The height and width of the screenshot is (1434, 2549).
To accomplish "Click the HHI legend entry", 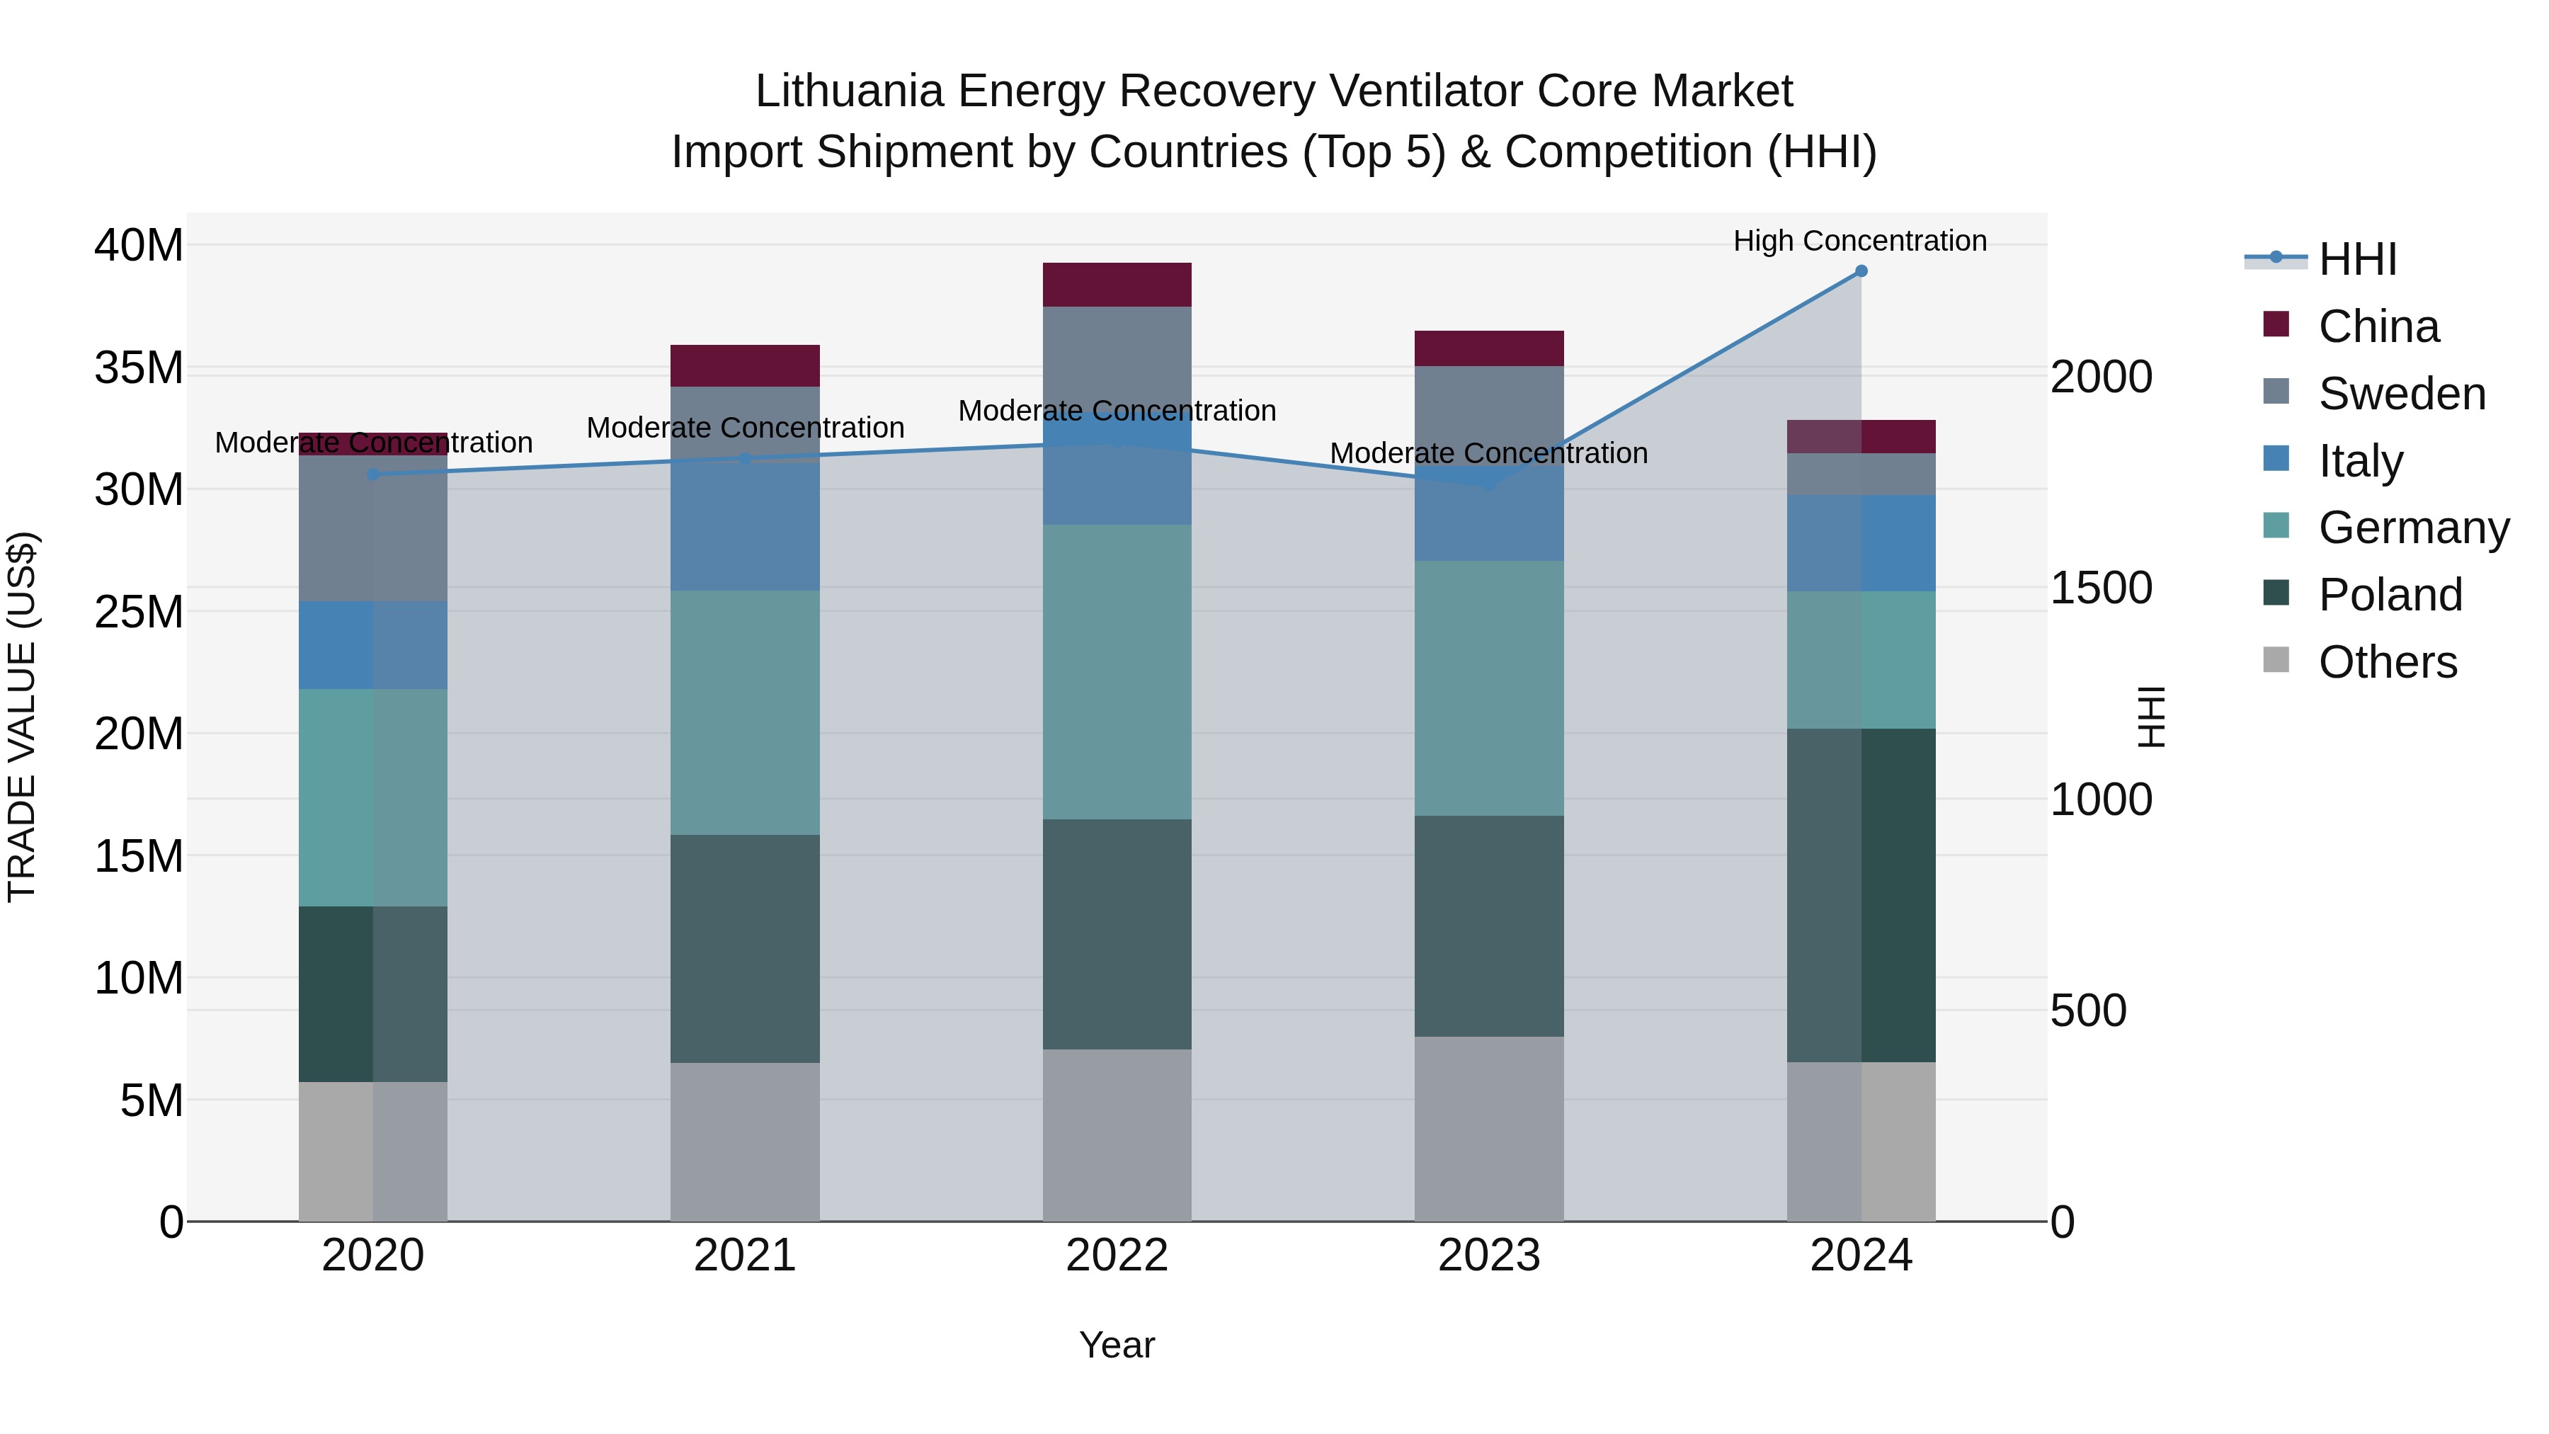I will click(x=2355, y=259).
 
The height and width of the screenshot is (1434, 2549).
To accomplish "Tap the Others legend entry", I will click(x=2385, y=662).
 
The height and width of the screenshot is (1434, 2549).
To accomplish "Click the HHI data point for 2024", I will click(x=1860, y=271).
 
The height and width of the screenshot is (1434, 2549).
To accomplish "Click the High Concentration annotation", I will click(x=1859, y=241).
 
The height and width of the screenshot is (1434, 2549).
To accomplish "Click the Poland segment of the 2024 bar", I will click(x=1860, y=896).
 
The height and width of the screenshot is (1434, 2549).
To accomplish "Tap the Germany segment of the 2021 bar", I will click(x=744, y=712).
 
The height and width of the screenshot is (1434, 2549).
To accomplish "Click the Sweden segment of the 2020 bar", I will click(x=373, y=530).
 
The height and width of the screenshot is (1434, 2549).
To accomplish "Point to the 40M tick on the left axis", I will click(x=139, y=246).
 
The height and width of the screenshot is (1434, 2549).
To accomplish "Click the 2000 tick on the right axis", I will click(x=2100, y=377).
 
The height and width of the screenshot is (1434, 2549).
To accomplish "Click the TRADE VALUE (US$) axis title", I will click(x=22, y=717).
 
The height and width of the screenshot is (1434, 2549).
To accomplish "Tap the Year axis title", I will click(x=1116, y=1345).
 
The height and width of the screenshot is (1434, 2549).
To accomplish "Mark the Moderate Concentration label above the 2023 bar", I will click(x=1488, y=453).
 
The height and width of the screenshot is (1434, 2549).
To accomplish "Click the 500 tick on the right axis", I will click(x=2088, y=1011).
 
